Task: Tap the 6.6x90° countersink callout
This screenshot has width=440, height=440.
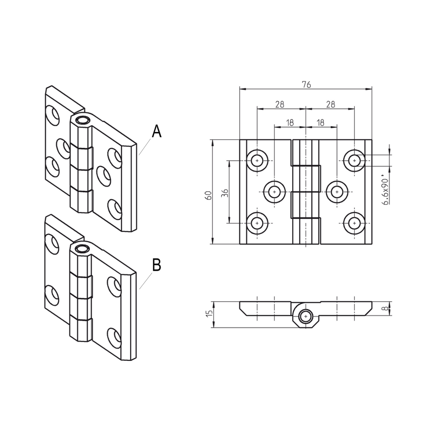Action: click(386, 191)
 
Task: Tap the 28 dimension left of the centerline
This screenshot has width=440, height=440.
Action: click(279, 104)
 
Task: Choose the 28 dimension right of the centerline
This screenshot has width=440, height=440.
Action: click(330, 104)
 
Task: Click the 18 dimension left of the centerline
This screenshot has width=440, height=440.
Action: click(290, 122)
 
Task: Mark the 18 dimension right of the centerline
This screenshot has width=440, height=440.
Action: click(321, 122)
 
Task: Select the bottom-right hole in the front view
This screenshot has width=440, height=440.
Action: click(354, 224)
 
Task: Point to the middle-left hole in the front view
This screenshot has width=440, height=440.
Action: click(274, 192)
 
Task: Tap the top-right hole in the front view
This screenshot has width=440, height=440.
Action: click(354, 160)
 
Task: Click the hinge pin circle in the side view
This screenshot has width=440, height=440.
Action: click(305, 316)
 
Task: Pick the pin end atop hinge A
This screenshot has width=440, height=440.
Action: click(81, 120)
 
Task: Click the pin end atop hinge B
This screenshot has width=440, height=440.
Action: click(81, 249)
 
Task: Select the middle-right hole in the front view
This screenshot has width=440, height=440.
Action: click(336, 192)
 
